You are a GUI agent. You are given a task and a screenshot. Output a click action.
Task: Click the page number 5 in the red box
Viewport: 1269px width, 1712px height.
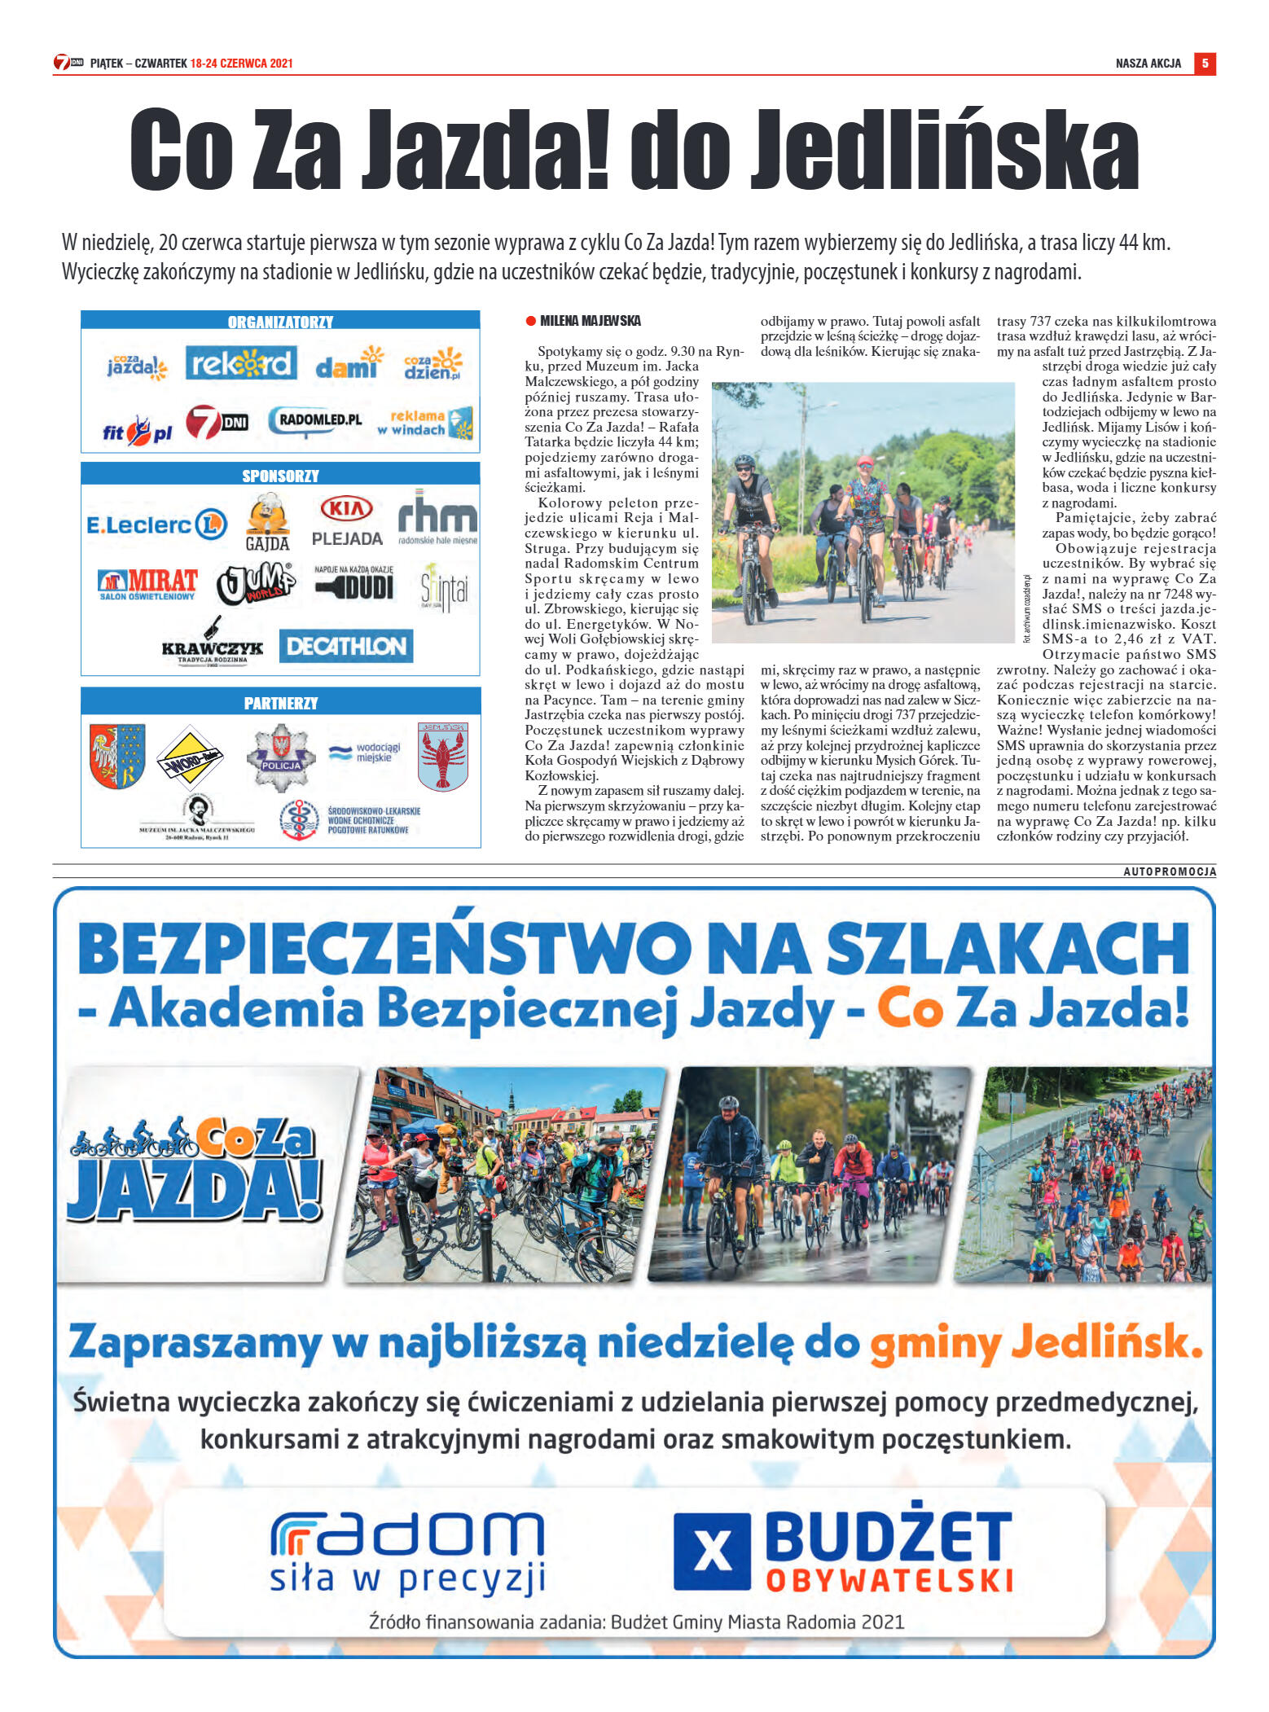tap(1205, 64)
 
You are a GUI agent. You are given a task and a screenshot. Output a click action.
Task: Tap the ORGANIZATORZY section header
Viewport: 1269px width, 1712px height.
tap(280, 322)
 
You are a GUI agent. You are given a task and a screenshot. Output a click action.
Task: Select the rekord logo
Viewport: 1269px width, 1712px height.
tap(240, 363)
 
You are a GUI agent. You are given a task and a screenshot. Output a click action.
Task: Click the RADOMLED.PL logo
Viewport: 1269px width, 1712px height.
tap(316, 420)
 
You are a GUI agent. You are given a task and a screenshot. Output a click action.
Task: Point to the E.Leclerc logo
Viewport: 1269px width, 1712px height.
tap(156, 525)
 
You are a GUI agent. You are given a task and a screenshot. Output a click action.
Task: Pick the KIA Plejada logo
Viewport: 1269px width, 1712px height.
tap(347, 521)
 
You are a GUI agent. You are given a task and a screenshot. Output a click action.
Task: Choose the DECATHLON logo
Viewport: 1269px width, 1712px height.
tap(346, 646)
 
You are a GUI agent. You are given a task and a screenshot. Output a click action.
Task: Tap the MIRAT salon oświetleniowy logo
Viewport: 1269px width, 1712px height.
tap(147, 584)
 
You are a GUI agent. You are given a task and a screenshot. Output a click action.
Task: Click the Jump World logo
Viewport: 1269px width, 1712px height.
tap(256, 583)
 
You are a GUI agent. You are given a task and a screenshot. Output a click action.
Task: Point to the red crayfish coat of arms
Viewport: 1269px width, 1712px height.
tap(443, 757)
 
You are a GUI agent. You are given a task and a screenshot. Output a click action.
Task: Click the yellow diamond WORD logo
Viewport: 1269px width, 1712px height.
tap(190, 757)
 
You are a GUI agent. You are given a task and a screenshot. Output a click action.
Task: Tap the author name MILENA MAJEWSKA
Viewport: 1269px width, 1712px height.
tap(591, 321)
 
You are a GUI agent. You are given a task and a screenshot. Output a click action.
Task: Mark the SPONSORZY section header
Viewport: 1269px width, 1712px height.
tap(280, 476)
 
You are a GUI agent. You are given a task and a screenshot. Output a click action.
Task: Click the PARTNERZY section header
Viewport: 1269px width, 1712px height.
tap(280, 703)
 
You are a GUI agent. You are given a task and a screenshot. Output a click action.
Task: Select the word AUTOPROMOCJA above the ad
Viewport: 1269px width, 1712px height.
tap(1170, 871)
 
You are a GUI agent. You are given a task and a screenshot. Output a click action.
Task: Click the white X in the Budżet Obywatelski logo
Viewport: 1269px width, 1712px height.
tap(712, 1552)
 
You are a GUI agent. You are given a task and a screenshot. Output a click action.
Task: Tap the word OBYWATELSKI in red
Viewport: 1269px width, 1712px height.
tap(889, 1581)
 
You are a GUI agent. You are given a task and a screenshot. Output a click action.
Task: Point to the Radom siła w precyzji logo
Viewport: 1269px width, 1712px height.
tap(407, 1552)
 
